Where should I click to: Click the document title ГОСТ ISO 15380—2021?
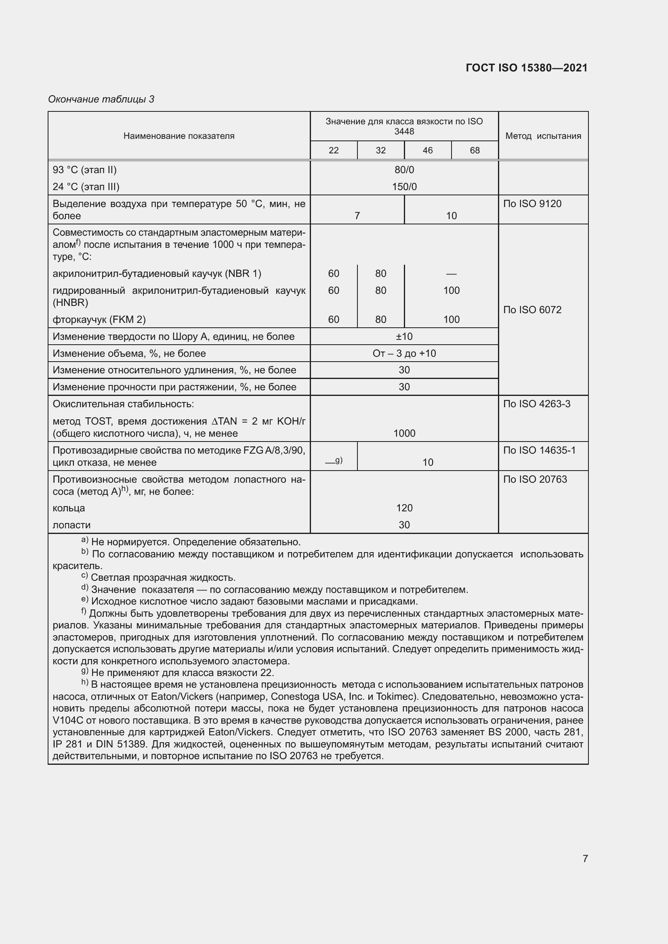[527, 68]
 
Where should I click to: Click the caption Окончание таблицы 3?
[101, 99]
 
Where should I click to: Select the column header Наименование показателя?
[179, 136]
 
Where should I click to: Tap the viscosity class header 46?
[427, 150]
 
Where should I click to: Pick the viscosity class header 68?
[475, 150]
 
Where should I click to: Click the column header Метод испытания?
[543, 136]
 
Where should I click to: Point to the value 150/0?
[404, 187]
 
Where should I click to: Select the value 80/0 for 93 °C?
[404, 170]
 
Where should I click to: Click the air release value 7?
[357, 216]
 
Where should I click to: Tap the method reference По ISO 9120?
[532, 203]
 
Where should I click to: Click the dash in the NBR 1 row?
[451, 274]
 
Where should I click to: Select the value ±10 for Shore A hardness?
[404, 336]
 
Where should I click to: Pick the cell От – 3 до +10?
[404, 353]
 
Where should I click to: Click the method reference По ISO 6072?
[532, 310]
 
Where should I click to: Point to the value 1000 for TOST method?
[404, 433]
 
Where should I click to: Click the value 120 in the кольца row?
[404, 508]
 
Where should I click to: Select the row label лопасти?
[71, 525]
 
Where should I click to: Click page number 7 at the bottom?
[585, 858]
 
